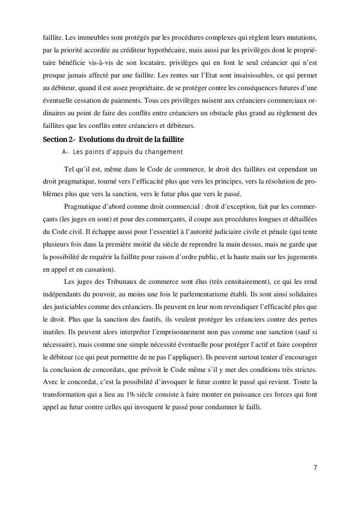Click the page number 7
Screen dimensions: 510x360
[315, 467]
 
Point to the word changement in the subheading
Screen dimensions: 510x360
[163, 152]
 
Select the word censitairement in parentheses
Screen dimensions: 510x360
[235, 281]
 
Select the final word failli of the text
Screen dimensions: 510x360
[253, 407]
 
